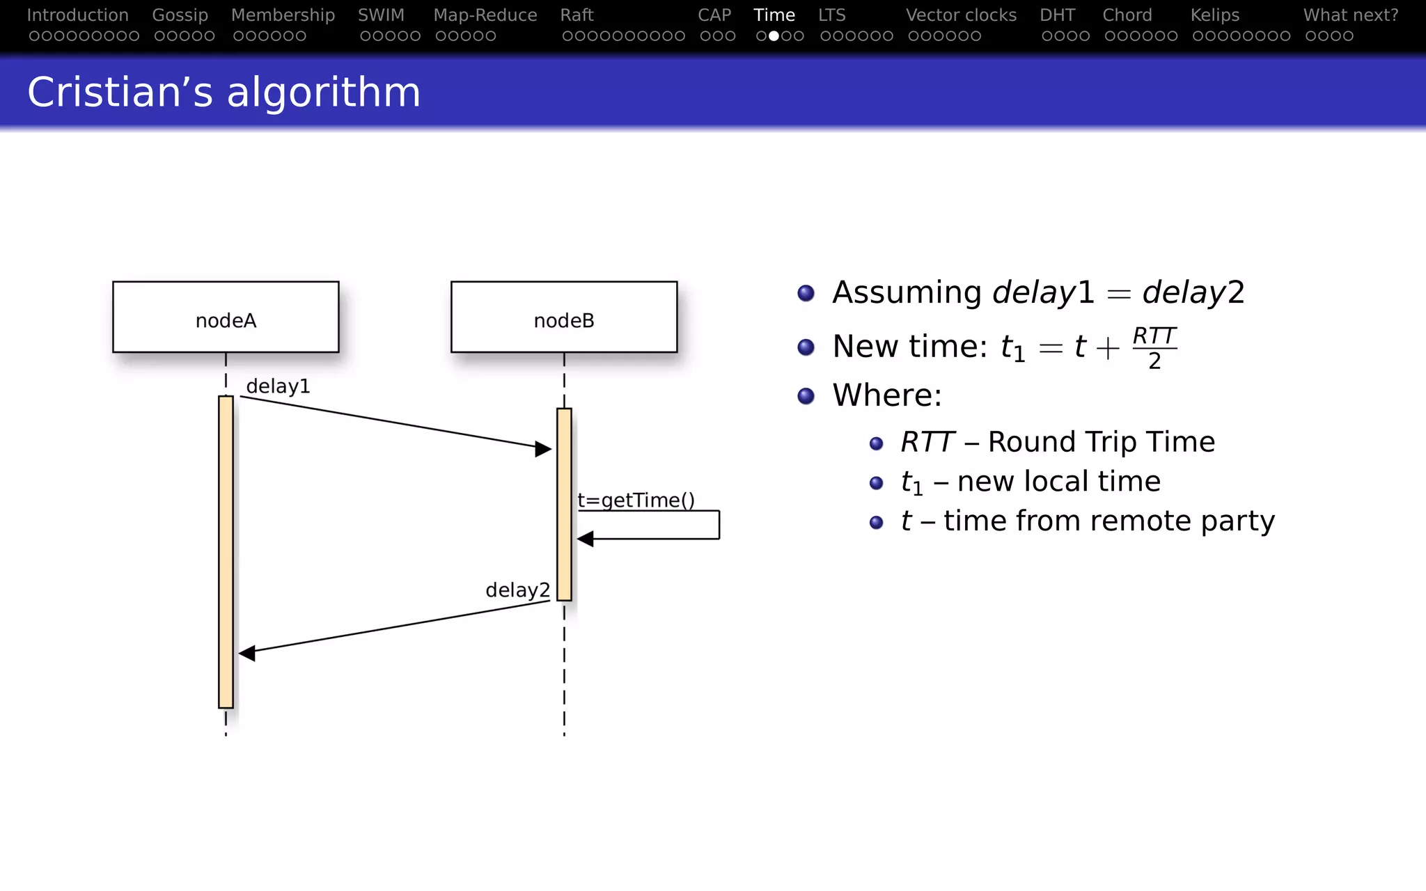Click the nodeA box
coord(226,317)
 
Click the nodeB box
coord(564,317)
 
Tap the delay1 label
coord(278,386)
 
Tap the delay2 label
coord(517,590)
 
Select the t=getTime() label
coord(636,500)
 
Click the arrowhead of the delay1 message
coord(544,449)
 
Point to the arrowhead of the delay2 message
coord(246,653)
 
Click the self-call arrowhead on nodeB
coord(585,539)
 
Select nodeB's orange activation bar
coord(564,504)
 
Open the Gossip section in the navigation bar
coord(180,15)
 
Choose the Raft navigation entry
coord(577,15)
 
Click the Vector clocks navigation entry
coord(961,15)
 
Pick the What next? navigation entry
coord(1351,15)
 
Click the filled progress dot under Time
coord(774,36)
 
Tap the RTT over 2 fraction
coord(1154,348)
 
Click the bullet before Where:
coord(806,396)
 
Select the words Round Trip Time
coord(1101,442)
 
